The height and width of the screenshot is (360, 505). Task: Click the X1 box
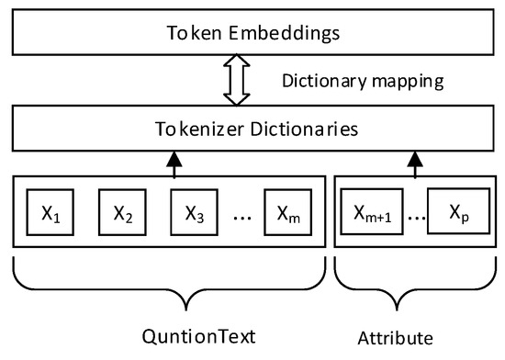point(50,214)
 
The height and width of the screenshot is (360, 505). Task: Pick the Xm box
point(288,214)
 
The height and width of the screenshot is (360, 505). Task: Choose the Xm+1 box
point(370,214)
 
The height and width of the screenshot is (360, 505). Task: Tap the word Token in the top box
point(190,34)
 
